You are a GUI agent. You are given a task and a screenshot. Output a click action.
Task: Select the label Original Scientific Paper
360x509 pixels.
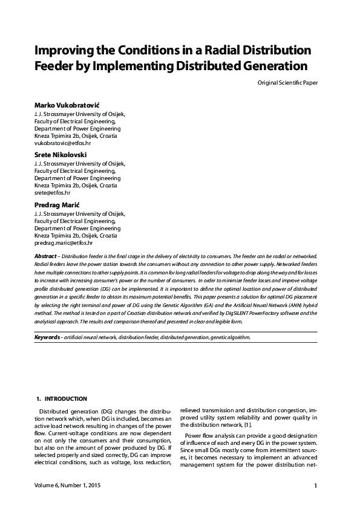[287, 82]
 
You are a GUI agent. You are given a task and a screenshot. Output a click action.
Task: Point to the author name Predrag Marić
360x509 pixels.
[60, 206]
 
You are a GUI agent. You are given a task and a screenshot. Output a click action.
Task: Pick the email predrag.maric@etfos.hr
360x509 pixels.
[64, 242]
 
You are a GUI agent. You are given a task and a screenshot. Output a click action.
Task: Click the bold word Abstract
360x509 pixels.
[45, 257]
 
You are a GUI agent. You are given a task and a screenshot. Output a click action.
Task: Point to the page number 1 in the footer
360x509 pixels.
[315, 485]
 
